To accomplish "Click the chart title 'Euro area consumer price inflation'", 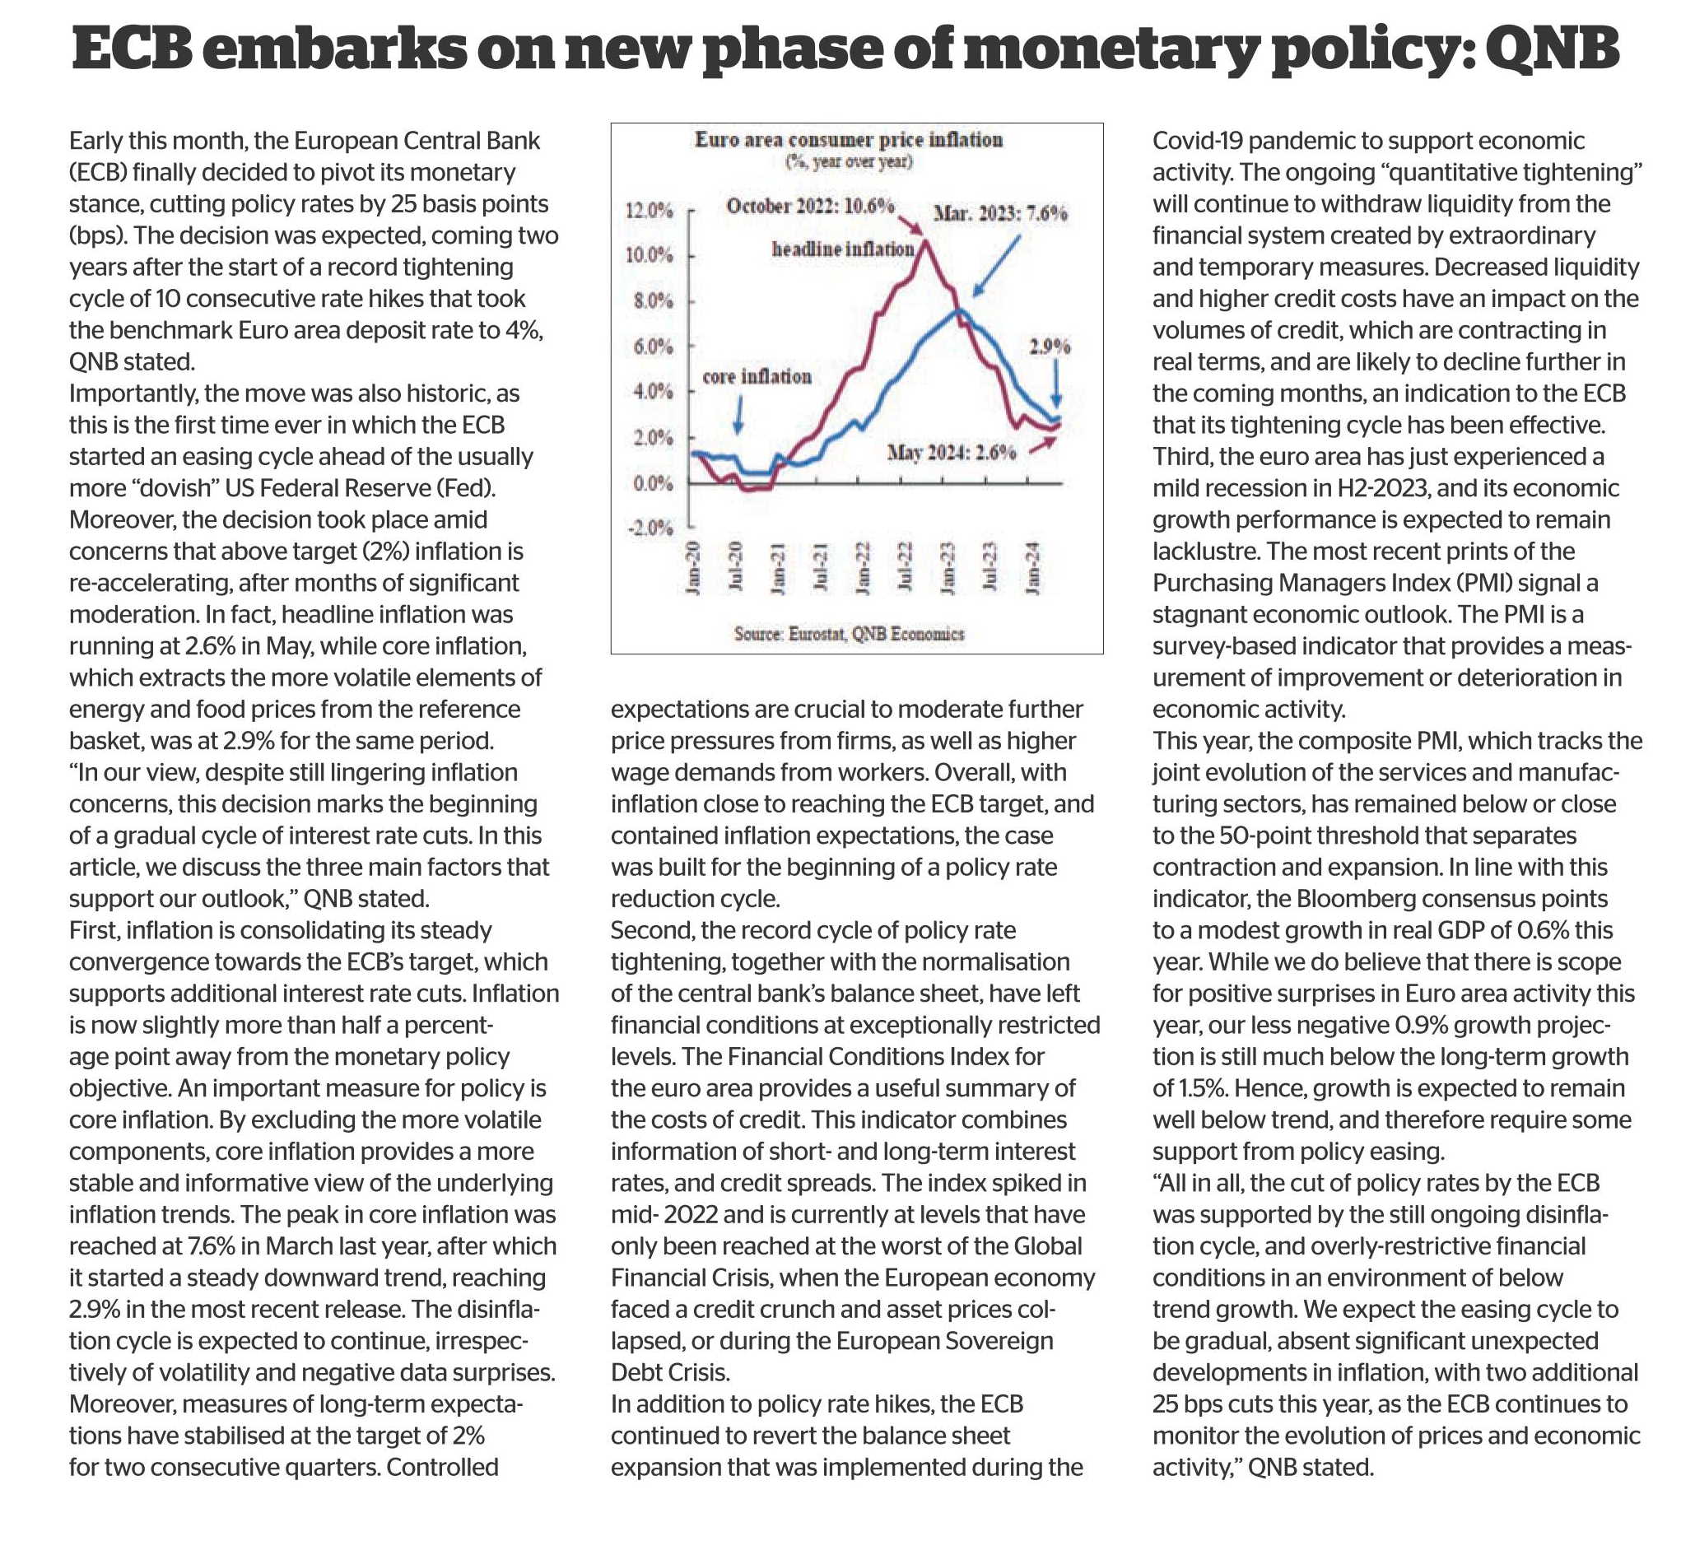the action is click(848, 139).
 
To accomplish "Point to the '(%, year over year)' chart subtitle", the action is click(848, 161).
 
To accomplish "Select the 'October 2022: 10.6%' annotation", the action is click(810, 206).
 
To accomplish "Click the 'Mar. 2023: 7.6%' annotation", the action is click(1000, 213).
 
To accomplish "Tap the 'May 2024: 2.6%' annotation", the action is click(952, 453).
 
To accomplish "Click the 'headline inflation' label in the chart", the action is click(842, 249).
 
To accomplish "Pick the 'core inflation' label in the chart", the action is click(757, 378).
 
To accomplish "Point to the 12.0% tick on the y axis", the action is click(650, 211).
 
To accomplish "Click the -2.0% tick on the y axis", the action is click(650, 528).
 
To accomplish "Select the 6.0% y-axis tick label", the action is click(654, 347).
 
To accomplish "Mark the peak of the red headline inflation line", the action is click(925, 241).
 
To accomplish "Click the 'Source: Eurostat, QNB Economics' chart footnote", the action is click(848, 634).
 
